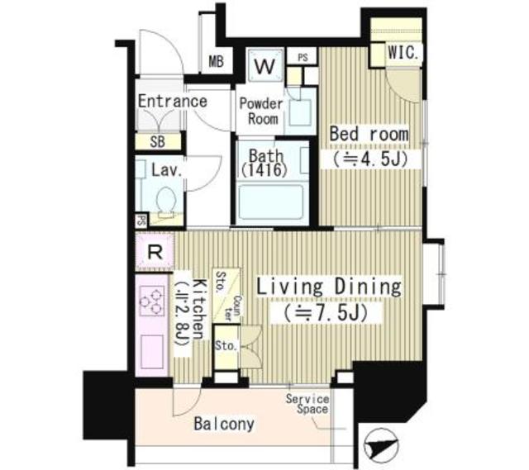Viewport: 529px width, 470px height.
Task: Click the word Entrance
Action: (172, 102)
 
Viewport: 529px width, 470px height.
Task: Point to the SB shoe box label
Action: (157, 141)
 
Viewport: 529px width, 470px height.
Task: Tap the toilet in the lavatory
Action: (164, 200)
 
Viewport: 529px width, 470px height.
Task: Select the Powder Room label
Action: (261, 111)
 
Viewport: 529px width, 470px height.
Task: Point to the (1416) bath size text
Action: (263, 171)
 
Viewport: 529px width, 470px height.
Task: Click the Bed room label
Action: (369, 134)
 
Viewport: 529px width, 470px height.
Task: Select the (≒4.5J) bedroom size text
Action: (369, 158)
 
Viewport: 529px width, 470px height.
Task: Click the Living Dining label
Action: (328, 287)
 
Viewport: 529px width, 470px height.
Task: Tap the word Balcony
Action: (224, 425)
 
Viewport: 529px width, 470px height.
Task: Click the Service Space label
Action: (307, 404)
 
